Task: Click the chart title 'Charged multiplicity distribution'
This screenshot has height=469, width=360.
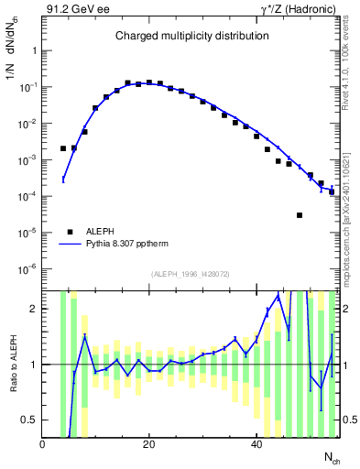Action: pos(191,37)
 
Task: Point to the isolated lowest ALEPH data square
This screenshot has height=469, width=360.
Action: pos(300,215)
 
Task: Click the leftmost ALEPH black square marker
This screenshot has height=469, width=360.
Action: pos(63,148)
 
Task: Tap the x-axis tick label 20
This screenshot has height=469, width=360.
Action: pos(149,445)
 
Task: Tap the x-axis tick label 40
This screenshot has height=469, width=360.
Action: pos(256,445)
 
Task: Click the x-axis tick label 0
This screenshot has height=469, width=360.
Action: pos(42,445)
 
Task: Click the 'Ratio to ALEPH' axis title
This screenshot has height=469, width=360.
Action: pos(12,364)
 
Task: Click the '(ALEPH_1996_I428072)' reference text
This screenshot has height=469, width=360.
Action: pos(191,275)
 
